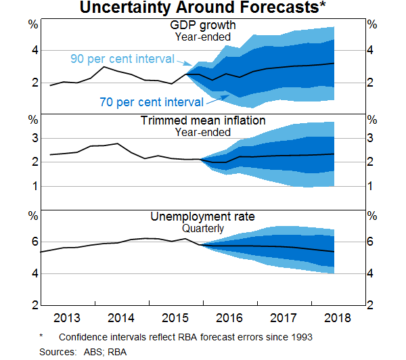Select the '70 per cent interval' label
click(152, 102)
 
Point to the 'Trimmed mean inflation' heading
click(202, 120)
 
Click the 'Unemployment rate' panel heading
click(202, 217)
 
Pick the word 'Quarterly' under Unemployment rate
click(202, 229)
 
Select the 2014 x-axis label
click(122, 318)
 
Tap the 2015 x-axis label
click(176, 318)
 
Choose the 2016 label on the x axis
click(230, 318)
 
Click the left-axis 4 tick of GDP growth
click(32, 50)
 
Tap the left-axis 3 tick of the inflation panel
click(32, 138)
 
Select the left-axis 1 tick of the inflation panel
click(32, 186)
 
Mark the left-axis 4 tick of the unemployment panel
click(32, 273)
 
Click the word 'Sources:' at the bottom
click(58, 351)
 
